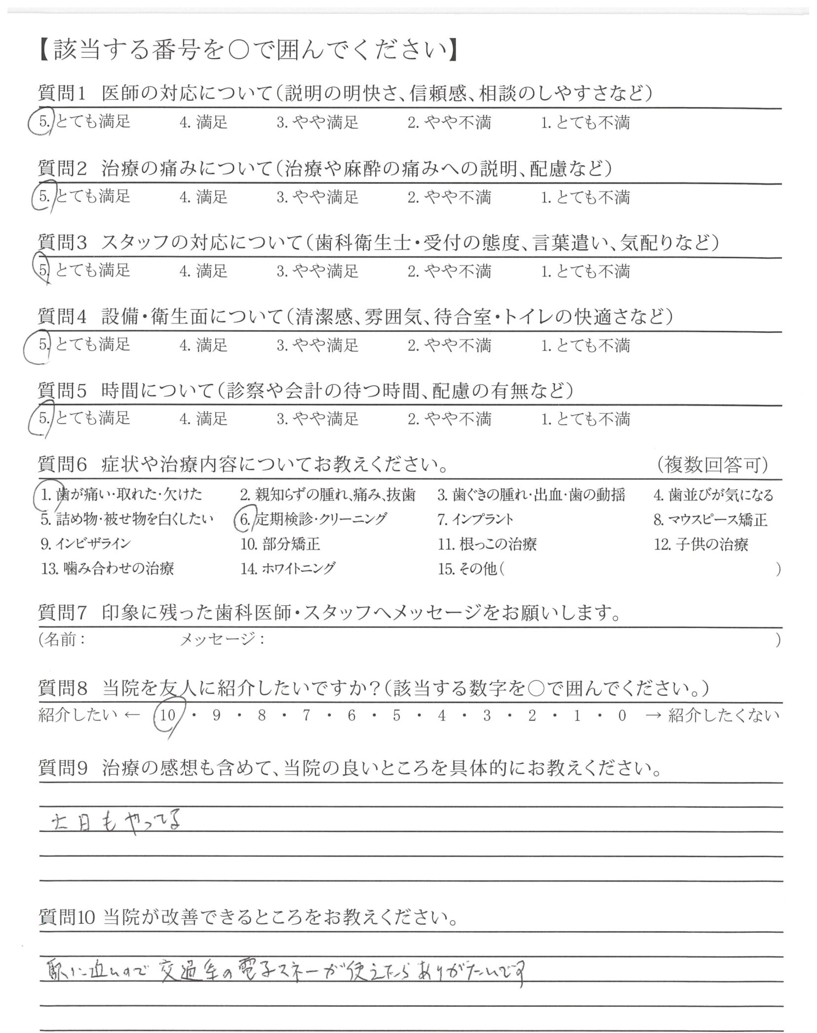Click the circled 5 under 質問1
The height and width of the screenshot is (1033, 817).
tap(44, 122)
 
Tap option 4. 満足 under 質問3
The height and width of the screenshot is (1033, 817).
tap(203, 271)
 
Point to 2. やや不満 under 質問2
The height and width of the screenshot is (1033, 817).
tap(449, 197)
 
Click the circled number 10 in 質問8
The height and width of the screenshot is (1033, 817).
tap(168, 716)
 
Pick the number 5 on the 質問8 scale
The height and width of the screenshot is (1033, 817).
tap(396, 716)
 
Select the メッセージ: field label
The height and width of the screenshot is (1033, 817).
tap(222, 639)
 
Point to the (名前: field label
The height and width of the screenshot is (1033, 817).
tap(62, 639)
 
